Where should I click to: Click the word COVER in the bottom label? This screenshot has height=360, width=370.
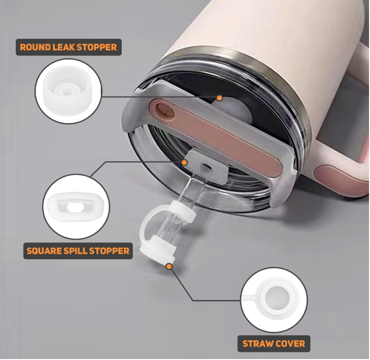pyautogui.click(x=290, y=344)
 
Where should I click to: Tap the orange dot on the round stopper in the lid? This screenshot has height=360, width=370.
pyautogui.click(x=220, y=98)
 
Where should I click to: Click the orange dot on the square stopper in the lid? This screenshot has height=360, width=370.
pyautogui.click(x=185, y=162)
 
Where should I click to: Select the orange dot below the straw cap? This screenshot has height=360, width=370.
pyautogui.click(x=169, y=266)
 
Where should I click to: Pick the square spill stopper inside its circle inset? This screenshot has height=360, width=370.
pyautogui.click(x=76, y=206)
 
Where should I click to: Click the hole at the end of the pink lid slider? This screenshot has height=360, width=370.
pyautogui.click(x=166, y=110)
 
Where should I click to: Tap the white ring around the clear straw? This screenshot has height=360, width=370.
pyautogui.click(x=184, y=211)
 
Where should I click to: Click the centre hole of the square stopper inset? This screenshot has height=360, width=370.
pyautogui.click(x=76, y=207)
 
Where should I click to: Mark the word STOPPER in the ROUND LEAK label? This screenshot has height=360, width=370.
pyautogui.click(x=97, y=47)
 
